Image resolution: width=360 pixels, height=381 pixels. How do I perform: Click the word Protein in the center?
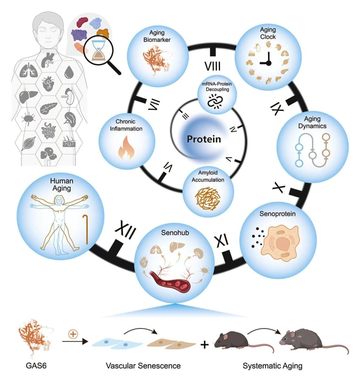[204, 139]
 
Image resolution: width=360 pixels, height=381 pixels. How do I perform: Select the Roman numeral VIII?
[212, 66]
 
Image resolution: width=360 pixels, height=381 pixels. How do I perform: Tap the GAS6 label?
[36, 366]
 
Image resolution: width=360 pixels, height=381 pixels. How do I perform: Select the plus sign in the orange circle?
[73, 334]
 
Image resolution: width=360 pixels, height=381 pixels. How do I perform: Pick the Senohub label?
[175, 233]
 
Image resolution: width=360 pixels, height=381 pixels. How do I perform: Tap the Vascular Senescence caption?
[143, 366]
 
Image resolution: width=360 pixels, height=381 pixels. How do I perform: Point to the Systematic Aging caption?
[272, 366]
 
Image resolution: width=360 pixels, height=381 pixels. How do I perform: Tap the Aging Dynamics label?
[312, 122]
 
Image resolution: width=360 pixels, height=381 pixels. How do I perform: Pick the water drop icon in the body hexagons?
[69, 72]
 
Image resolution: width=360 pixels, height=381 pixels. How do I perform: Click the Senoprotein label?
[277, 214]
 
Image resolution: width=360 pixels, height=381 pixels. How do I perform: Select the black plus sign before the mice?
[205, 344]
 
